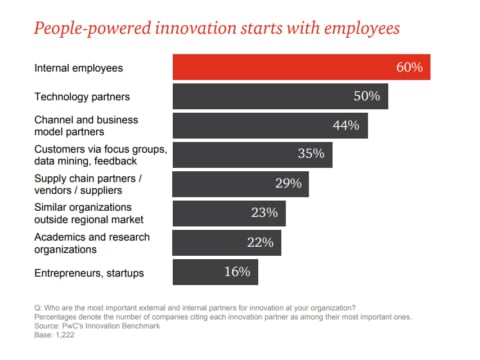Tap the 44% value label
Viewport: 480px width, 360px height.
347,125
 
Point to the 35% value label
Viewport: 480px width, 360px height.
311,154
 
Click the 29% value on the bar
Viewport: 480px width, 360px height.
287,184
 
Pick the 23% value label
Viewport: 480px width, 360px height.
265,213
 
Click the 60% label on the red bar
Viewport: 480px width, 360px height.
409,67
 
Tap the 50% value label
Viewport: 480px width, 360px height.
367,96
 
